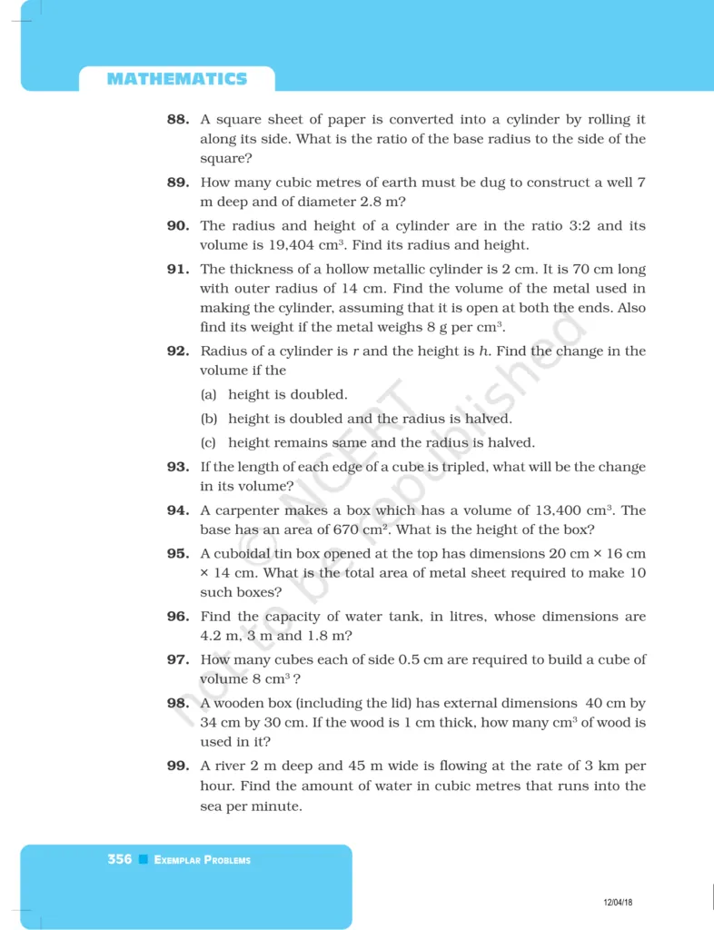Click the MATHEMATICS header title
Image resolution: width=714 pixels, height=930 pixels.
[176, 79]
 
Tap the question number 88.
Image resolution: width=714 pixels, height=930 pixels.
[178, 120]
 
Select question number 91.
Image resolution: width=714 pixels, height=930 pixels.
[178, 269]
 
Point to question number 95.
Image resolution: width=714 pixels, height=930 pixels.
[178, 553]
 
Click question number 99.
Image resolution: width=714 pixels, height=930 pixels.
[178, 766]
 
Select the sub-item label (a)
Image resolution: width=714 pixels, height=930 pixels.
[210, 395]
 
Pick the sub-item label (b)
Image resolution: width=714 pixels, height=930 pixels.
[210, 419]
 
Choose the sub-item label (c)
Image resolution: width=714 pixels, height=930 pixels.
[210, 443]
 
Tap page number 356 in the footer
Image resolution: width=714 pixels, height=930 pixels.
[119, 859]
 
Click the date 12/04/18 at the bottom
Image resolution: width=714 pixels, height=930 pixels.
[618, 902]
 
